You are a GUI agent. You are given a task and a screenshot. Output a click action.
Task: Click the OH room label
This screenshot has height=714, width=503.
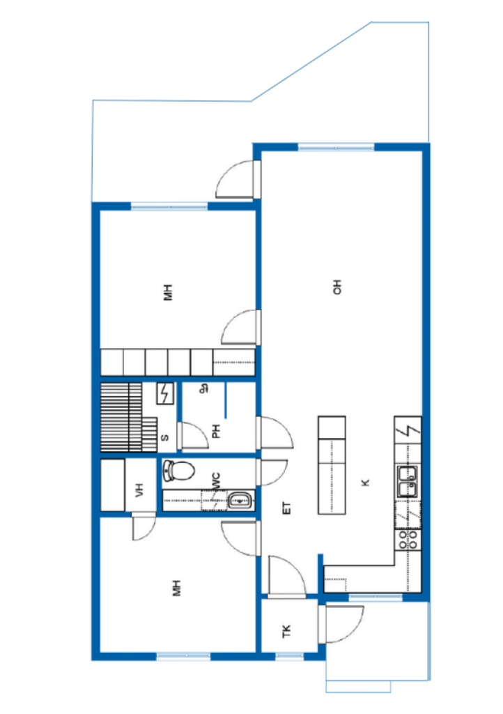(337, 287)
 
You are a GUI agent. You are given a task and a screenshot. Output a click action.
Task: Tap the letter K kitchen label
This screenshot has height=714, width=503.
(365, 483)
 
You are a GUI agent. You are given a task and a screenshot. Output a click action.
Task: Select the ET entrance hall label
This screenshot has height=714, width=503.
(286, 508)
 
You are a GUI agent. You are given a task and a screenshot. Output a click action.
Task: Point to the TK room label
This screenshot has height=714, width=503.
(286, 631)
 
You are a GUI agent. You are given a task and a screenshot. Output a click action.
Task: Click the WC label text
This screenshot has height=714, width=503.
(217, 481)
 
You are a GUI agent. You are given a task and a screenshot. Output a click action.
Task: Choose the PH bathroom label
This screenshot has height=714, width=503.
(217, 431)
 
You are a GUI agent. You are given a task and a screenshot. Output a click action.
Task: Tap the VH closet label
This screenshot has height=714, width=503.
(139, 490)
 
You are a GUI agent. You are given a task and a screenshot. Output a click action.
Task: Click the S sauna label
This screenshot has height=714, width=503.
(164, 438)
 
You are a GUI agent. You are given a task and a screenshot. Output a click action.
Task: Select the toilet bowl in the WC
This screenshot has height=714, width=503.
(179, 471)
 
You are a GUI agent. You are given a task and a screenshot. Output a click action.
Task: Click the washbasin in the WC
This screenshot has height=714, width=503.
(240, 501)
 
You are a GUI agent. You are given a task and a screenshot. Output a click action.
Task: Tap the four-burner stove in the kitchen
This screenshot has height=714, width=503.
(408, 540)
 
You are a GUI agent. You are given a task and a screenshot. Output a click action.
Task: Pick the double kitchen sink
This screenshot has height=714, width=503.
(408, 482)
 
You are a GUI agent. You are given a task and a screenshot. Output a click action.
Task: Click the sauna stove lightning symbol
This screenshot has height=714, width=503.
(165, 393)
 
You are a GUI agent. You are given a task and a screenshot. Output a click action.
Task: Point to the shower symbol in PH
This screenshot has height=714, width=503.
(204, 389)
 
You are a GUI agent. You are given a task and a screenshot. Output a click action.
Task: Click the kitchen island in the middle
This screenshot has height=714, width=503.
(332, 465)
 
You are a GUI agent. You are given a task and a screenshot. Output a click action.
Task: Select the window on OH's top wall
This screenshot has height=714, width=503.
(336, 146)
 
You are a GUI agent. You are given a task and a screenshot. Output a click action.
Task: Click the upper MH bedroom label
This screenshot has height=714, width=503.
(169, 292)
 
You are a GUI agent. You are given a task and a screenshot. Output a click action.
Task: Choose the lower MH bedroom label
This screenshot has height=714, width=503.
(176, 588)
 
